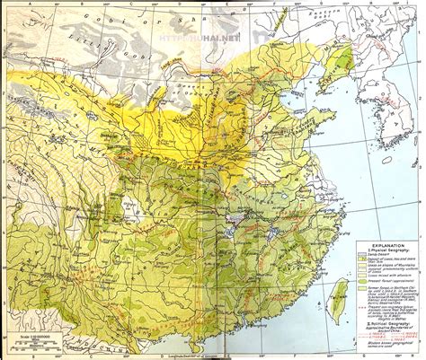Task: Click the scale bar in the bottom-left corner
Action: [x=36, y=345]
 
